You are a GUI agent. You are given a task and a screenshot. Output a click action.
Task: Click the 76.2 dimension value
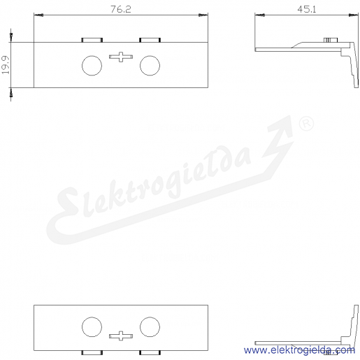coord(121,9)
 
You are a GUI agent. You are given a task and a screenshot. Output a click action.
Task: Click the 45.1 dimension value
coord(307,9)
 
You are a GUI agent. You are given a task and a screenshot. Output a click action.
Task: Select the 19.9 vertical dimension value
coord(6,65)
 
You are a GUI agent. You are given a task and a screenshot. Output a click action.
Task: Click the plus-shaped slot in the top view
coord(121,57)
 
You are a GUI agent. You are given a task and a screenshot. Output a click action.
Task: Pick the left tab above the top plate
coord(92,40)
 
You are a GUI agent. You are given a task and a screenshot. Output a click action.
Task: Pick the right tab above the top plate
coord(150,40)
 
